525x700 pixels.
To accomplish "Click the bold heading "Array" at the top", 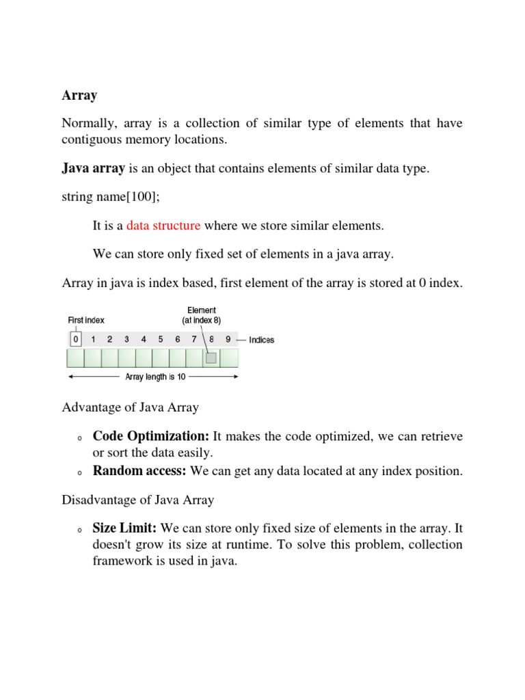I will pyautogui.click(x=79, y=96).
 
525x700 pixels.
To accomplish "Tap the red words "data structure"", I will pyautogui.click(x=163, y=226).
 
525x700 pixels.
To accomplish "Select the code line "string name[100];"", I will pyautogui.click(x=106, y=197).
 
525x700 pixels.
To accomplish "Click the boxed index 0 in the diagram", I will pyautogui.click(x=76, y=339).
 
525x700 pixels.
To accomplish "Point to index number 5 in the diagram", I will pyautogui.click(x=161, y=339).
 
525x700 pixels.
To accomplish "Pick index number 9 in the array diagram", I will pyautogui.click(x=228, y=339).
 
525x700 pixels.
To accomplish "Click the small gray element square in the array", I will pyautogui.click(x=211, y=358).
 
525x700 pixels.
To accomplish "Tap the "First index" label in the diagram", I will pyautogui.click(x=85, y=320).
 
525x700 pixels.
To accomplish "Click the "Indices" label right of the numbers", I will pyautogui.click(x=262, y=340).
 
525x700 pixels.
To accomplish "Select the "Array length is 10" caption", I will pyautogui.click(x=154, y=377).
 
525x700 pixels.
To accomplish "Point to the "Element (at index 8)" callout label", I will pyautogui.click(x=201, y=315).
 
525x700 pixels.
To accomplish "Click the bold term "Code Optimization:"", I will pyautogui.click(x=151, y=436).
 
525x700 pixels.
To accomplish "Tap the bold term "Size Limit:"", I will pyautogui.click(x=125, y=528).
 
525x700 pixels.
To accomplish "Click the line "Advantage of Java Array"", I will pyautogui.click(x=131, y=407).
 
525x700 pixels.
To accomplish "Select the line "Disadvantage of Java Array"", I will pyautogui.click(x=138, y=500).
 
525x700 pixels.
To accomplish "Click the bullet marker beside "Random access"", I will pyautogui.click(x=79, y=472).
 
